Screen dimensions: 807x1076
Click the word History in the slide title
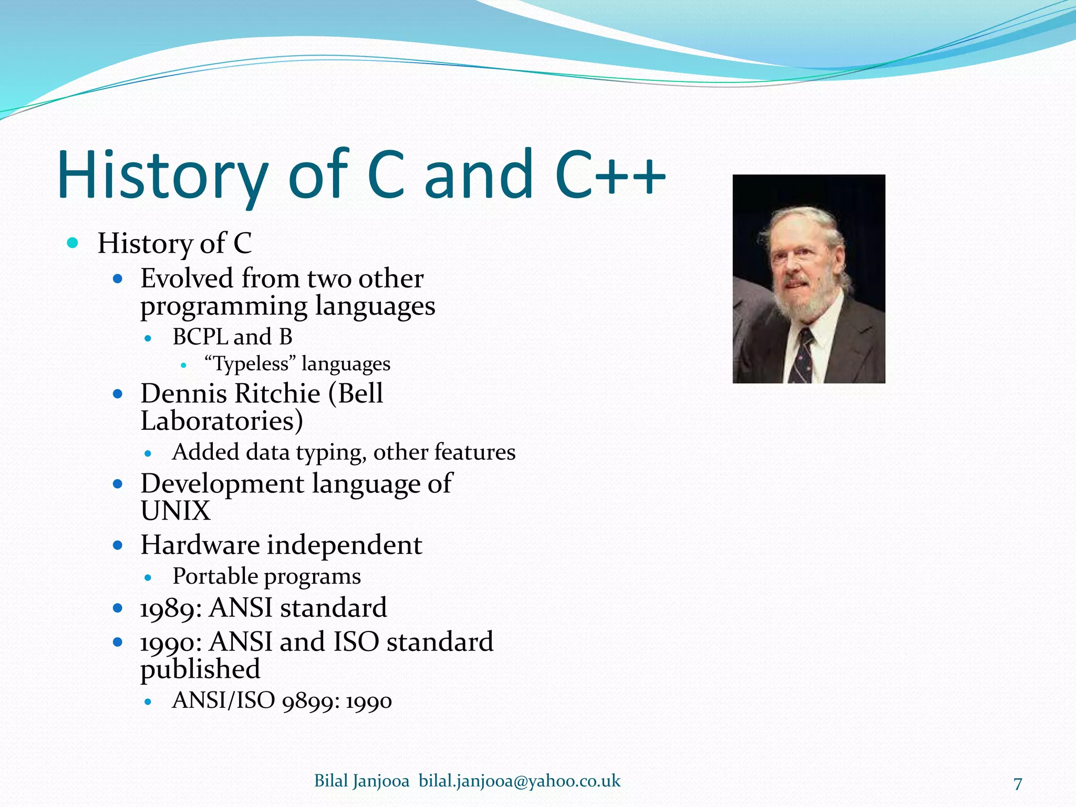[163, 176]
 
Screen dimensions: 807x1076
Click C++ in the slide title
[609, 176]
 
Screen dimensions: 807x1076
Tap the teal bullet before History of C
[73, 243]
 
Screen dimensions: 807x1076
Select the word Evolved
[187, 278]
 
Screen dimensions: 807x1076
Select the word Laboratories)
[222, 421]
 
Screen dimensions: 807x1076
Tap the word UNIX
[175, 511]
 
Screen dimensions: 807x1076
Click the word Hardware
[200, 545]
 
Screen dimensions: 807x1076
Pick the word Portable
[215, 576]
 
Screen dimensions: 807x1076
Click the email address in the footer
[519, 781]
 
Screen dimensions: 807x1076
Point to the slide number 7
[1018, 784]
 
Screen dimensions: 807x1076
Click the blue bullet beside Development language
[118, 484]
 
